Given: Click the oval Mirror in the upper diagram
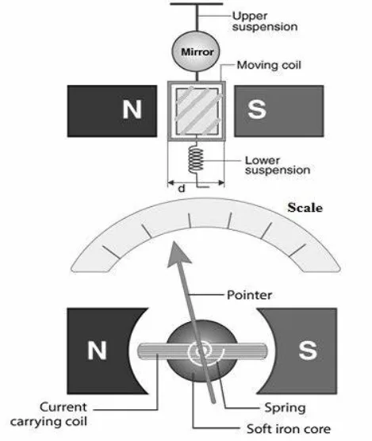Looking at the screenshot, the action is click(x=196, y=52).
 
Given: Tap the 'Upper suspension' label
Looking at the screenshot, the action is click(x=265, y=21).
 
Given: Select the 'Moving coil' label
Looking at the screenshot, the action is click(x=269, y=65).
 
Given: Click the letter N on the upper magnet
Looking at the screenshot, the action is click(x=132, y=109).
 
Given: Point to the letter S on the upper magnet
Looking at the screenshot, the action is click(x=256, y=109).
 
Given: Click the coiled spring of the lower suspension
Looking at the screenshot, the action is click(x=196, y=159).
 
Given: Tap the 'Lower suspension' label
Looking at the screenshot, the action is click(x=278, y=165).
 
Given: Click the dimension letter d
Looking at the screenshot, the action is click(x=182, y=189).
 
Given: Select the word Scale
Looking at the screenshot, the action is click(x=305, y=208).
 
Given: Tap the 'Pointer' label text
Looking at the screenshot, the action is click(x=249, y=295).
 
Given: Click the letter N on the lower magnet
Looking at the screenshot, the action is click(x=97, y=350).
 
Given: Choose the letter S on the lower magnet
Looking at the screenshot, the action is click(x=308, y=350).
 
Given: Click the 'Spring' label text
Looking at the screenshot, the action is click(x=285, y=408).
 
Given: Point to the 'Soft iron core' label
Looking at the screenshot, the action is click(x=289, y=429).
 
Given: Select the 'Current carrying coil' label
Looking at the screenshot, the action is click(x=49, y=414).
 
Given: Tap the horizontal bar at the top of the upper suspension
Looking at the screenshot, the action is click(x=196, y=4).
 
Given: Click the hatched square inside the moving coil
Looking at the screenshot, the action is click(x=197, y=111).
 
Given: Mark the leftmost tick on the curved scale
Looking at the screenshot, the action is click(x=111, y=252).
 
